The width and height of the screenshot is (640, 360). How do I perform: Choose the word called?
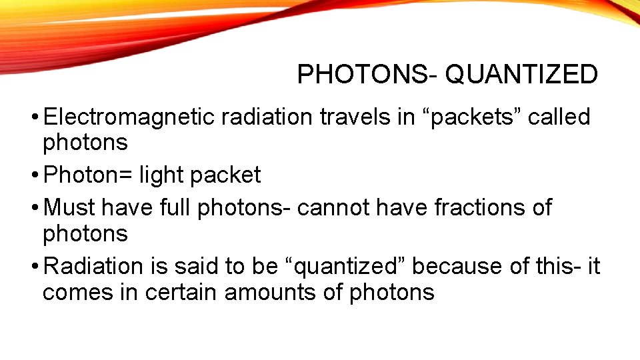558,117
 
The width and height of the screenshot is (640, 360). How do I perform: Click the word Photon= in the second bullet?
89,175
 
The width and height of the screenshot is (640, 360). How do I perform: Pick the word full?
176,208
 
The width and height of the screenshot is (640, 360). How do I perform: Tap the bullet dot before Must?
35,209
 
